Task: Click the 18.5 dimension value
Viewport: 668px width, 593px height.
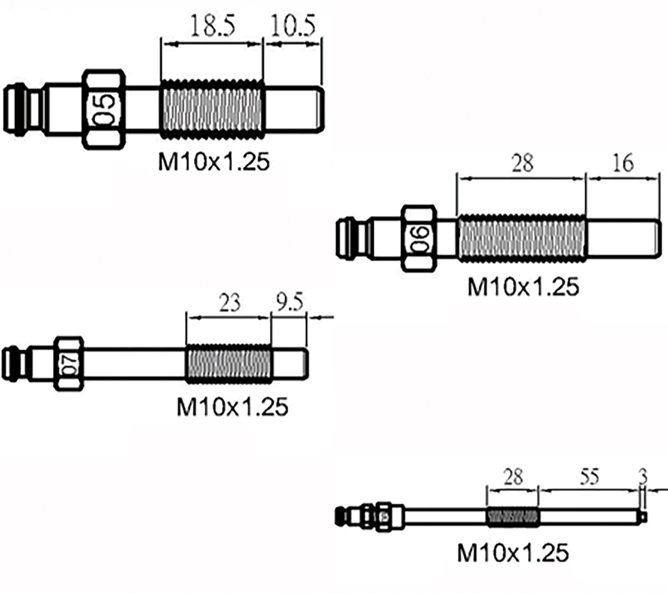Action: coord(212,26)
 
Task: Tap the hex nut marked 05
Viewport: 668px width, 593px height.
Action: coord(104,110)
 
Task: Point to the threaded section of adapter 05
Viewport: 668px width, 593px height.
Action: coord(211,110)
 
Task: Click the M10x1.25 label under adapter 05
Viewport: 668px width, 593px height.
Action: coord(214,162)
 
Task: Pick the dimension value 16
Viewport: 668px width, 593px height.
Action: coord(622,163)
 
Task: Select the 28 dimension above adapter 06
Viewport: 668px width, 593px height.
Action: coord(522,163)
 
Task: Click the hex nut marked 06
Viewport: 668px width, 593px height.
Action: coord(420,239)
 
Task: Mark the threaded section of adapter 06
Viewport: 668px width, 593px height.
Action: coord(521,239)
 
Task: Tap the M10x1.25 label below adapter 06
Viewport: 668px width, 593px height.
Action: coord(523,287)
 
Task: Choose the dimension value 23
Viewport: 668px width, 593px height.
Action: coord(229,303)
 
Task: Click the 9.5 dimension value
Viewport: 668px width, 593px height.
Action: coord(289,303)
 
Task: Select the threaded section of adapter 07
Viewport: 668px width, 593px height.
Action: coord(228,364)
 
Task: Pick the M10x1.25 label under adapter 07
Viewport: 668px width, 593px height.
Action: coord(232,407)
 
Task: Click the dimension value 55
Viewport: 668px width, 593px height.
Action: coord(589,477)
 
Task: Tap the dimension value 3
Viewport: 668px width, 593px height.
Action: coord(644,477)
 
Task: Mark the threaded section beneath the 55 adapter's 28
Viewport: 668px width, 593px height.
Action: coord(513,517)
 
